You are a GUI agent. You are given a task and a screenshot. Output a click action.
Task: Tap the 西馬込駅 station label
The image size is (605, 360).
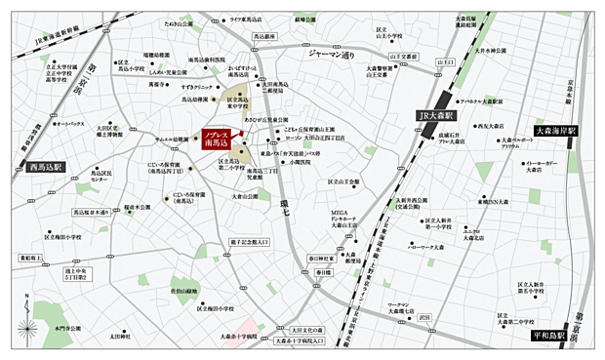click(46, 167)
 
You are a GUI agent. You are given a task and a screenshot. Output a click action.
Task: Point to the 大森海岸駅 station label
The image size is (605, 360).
click(557, 130)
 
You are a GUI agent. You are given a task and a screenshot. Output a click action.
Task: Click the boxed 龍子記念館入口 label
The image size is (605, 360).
click(248, 240)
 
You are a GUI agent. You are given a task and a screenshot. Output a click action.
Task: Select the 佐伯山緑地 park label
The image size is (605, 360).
click(183, 291)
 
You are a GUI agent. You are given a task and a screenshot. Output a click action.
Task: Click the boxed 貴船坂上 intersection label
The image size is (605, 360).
click(32, 258)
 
